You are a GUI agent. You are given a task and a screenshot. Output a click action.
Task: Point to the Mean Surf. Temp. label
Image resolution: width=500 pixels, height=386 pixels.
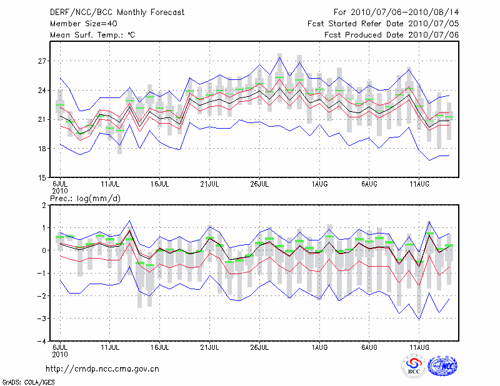(92, 34)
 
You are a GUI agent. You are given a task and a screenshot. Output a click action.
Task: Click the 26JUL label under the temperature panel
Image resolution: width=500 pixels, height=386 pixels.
(259, 184)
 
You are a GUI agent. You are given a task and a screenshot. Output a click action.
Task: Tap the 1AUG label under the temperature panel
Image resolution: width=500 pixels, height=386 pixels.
(320, 184)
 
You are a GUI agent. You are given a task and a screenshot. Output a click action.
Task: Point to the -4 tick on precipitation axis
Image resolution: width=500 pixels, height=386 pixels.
(41, 342)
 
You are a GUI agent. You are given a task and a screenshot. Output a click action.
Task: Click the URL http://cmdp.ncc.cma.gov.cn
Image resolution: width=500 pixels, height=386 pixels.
(102, 369)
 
